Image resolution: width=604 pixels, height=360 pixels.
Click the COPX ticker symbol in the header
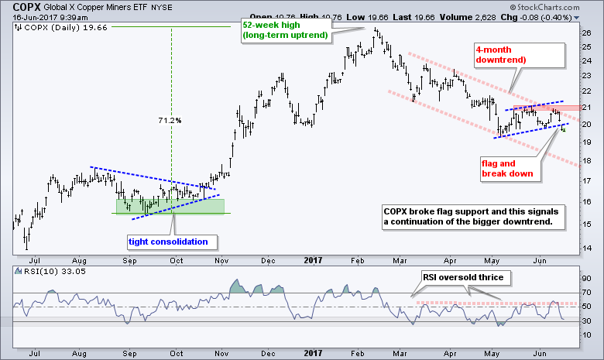click(x=18, y=6)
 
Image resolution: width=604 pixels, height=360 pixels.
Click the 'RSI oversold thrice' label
click(x=462, y=276)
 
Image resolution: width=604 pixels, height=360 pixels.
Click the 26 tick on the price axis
click(x=586, y=33)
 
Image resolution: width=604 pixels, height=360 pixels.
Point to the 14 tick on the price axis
click(x=586, y=247)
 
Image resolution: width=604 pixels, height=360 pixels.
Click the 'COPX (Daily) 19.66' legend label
click(x=53, y=28)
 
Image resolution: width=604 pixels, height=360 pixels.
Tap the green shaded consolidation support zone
click(x=170, y=207)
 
